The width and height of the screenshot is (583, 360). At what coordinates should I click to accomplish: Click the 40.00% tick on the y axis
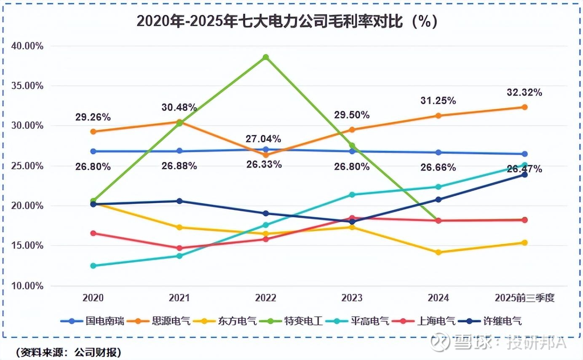(26, 46)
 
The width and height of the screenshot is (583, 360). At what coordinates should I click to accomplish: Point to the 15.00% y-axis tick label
(26, 246)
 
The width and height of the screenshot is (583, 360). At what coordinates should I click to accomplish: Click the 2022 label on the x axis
(265, 298)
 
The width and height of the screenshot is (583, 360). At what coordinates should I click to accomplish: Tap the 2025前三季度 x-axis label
(524, 298)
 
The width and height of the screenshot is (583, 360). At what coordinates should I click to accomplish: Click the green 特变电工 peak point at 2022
(265, 57)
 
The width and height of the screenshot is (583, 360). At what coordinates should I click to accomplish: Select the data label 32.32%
(524, 92)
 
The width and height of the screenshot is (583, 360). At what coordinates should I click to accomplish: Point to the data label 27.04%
(264, 139)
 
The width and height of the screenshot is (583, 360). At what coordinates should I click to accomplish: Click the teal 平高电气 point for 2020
(93, 266)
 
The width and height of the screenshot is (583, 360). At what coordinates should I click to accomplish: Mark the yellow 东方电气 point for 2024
(438, 252)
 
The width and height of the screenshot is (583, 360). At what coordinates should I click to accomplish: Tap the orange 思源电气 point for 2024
(438, 116)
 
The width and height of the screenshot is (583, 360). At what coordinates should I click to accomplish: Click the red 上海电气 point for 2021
(179, 248)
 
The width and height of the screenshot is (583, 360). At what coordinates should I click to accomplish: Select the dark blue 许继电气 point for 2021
(179, 201)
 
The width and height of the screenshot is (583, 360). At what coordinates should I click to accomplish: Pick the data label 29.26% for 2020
(93, 117)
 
